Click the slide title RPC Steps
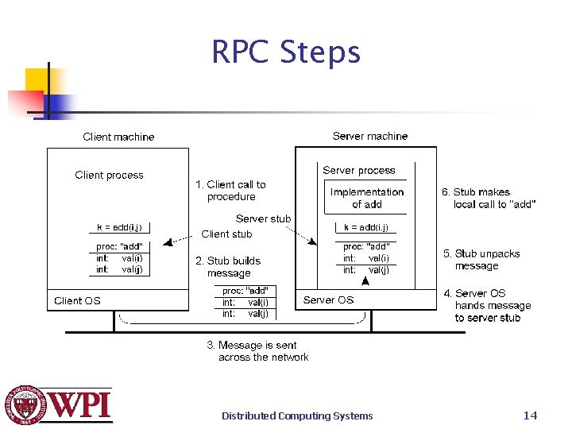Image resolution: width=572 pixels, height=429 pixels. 286,52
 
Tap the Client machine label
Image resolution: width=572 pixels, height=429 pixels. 118,137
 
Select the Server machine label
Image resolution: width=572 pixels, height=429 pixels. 370,136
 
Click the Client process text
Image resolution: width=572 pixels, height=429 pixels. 109,175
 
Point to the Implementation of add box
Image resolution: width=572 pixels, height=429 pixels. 366,198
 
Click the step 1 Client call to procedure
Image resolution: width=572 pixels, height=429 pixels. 230,191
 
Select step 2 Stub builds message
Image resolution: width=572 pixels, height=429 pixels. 228,267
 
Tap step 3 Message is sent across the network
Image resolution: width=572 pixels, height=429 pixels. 257,351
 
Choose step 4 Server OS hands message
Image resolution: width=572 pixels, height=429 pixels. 487,306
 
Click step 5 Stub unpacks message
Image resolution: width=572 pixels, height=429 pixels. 481,260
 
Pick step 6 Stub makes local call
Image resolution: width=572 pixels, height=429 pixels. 488,198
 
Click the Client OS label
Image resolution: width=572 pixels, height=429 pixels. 77,300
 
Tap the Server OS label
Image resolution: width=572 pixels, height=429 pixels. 328,300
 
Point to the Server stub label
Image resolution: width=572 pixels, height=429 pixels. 263,218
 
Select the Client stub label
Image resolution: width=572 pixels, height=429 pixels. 226,234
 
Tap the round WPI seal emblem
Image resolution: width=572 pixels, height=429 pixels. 26,405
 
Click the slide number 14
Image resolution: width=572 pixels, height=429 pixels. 530,415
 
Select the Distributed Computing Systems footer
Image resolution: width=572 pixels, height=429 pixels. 296,415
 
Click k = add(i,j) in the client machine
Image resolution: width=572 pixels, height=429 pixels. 119,227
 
